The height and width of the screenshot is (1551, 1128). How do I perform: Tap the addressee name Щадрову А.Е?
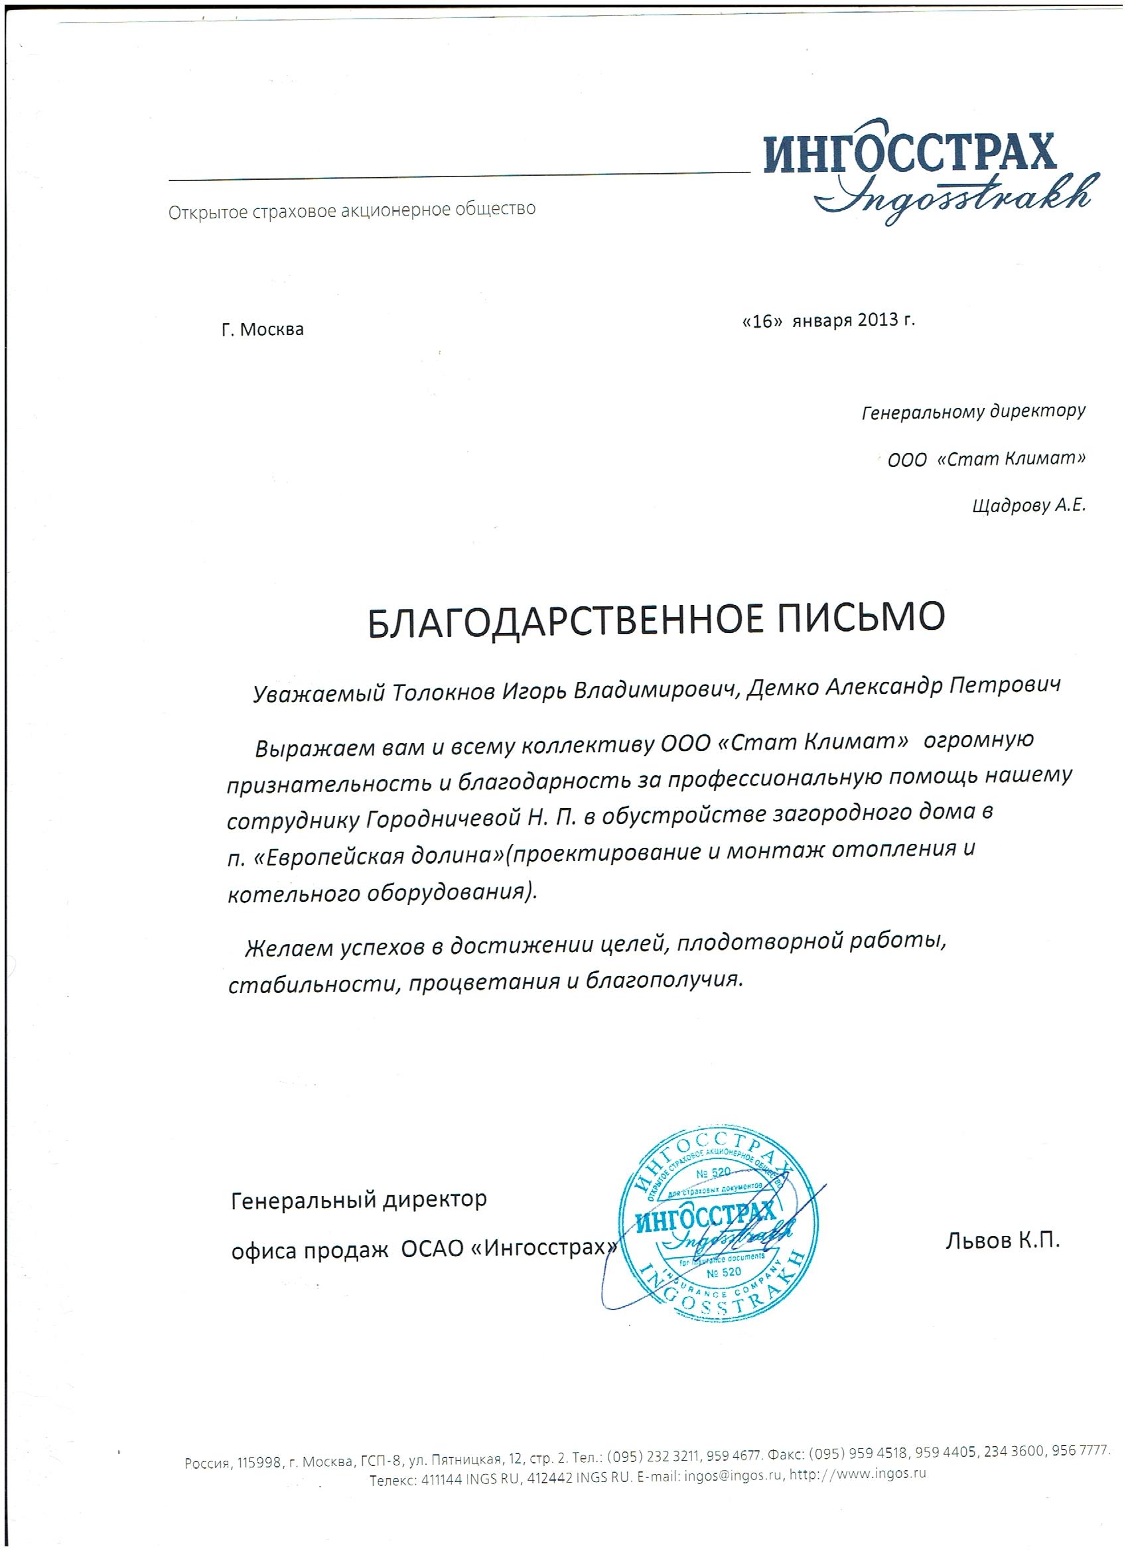point(1027,506)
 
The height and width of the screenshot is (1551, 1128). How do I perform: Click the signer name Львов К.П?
point(1002,1241)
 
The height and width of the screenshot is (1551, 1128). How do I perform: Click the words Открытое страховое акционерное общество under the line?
point(352,210)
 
